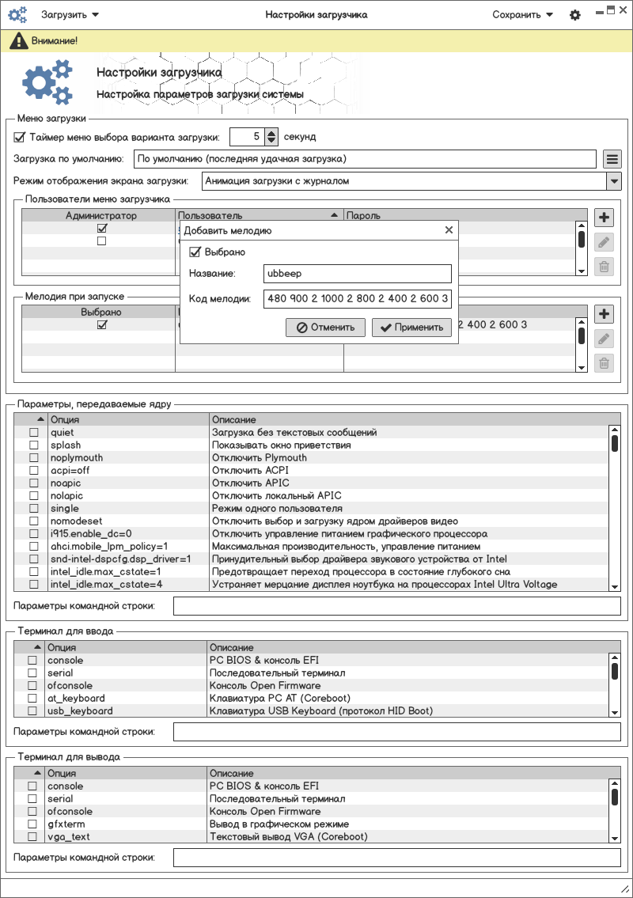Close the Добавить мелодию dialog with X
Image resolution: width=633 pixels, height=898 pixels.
coord(449,230)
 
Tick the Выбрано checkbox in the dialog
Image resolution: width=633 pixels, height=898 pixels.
coord(195,252)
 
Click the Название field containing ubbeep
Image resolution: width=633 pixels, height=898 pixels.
coord(357,274)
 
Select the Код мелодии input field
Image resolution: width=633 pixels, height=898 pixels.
coord(357,299)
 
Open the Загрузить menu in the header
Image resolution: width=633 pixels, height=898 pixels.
coord(70,15)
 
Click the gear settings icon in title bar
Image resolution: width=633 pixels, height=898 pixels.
coord(575,15)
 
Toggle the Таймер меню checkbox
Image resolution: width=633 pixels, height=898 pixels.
coord(20,137)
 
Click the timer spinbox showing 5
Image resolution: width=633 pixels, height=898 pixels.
coord(247,137)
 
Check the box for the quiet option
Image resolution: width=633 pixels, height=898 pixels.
coord(34,433)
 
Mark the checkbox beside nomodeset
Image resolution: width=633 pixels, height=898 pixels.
coord(34,521)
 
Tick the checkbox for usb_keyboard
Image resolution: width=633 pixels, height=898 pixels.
coord(32,711)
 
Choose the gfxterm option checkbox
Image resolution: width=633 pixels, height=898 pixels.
coord(32,824)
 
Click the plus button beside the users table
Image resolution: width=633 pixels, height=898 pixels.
coord(604,218)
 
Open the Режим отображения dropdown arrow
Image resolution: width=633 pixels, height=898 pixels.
coord(613,181)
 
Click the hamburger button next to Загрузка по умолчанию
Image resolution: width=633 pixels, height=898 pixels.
coord(612,159)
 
